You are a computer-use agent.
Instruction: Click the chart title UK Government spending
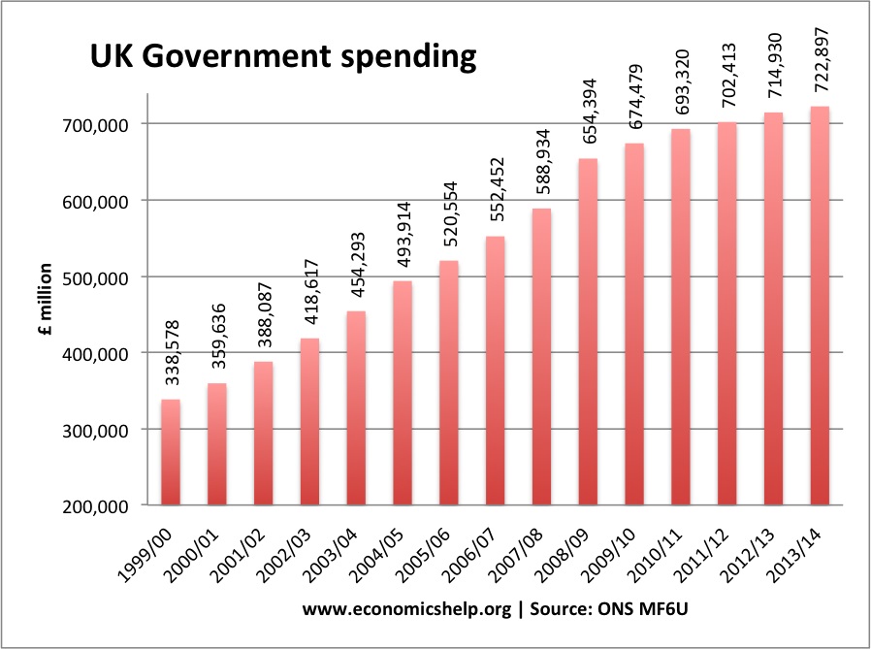click(x=283, y=57)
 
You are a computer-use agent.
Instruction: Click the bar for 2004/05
click(x=402, y=393)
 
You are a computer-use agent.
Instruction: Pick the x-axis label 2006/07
click(x=474, y=554)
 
